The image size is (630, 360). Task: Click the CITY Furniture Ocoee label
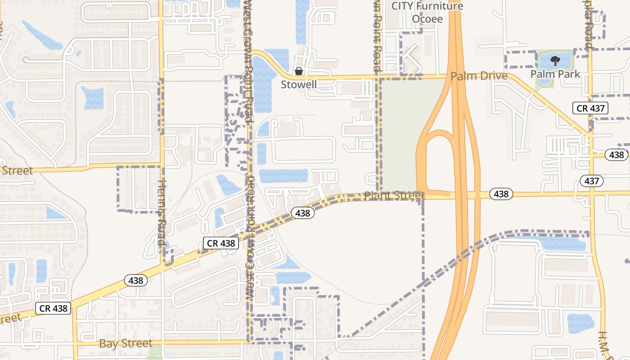427,12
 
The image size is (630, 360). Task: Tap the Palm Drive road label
479,76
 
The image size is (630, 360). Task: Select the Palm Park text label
555,74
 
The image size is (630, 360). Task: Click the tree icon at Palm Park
555,60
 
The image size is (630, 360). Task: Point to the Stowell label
299,84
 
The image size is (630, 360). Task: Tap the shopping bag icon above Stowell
298,72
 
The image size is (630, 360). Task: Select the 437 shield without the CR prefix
592,181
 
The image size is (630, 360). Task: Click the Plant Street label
394,196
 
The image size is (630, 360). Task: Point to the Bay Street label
126,344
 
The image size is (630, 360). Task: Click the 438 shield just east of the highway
501,194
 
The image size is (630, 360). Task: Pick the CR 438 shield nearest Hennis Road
220,243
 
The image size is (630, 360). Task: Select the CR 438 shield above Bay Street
53,308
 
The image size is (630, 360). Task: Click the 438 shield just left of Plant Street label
302,213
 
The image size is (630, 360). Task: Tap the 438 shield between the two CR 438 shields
135,281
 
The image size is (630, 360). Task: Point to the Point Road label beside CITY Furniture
377,36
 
